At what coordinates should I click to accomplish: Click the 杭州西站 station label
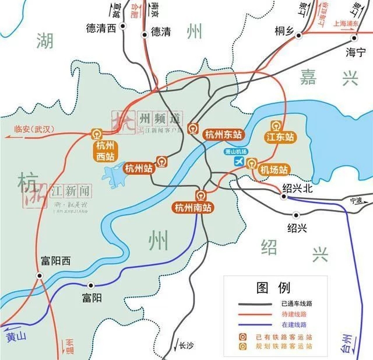pyautogui.click(x=105, y=151)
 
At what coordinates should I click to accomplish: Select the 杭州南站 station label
pyautogui.click(x=193, y=207)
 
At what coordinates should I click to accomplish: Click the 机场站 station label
pyautogui.click(x=273, y=170)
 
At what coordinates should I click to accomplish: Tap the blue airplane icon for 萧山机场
pyautogui.click(x=238, y=162)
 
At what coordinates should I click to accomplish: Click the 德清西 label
pyautogui.click(x=102, y=27)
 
